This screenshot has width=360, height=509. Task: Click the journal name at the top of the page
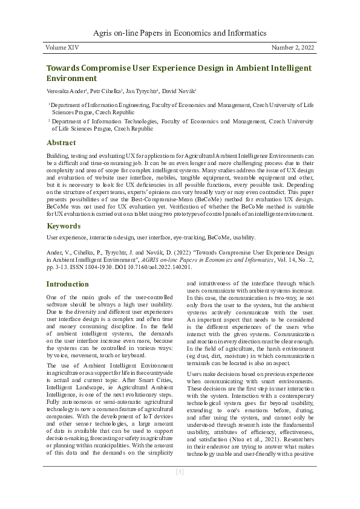pos(180,33)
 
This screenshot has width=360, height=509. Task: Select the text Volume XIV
pos(62,47)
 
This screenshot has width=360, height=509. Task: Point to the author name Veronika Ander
pos(64,91)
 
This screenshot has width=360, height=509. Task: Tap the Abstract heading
pos(61,143)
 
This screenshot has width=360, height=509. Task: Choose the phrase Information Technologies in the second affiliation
pos(114,122)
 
